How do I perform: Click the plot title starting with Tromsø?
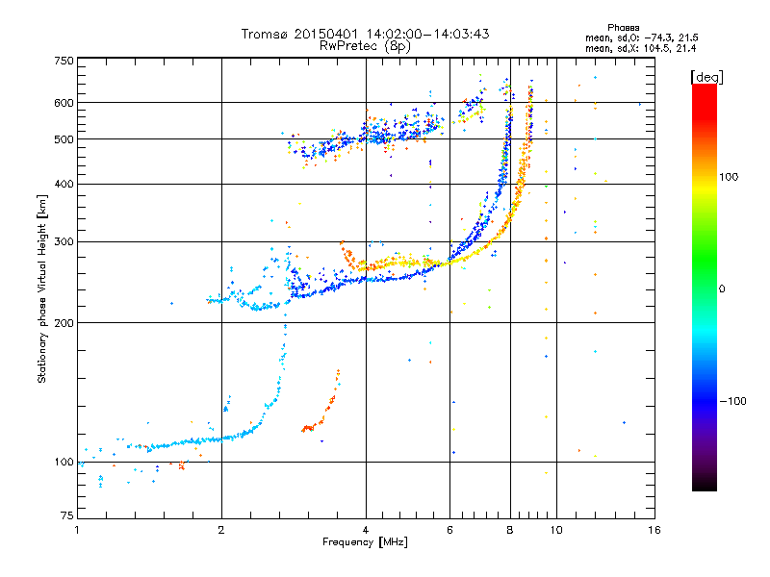click(x=365, y=34)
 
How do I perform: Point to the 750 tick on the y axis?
click(x=64, y=60)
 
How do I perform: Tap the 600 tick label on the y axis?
click(x=64, y=102)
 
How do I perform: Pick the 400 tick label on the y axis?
click(x=64, y=184)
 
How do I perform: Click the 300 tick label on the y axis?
click(x=64, y=241)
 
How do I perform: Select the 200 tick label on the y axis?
click(x=64, y=322)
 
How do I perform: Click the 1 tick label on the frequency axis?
click(x=77, y=530)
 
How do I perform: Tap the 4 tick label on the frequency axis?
click(x=366, y=530)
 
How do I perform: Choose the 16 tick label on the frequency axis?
click(x=654, y=530)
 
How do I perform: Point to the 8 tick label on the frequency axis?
click(x=510, y=530)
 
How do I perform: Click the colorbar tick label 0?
click(x=725, y=288)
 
